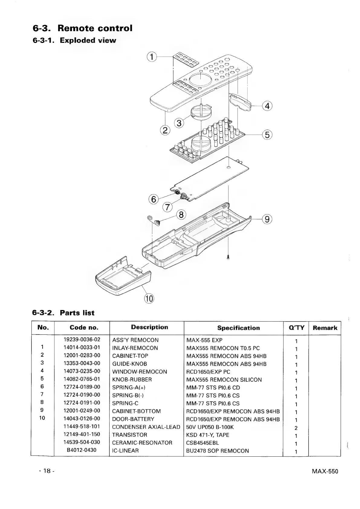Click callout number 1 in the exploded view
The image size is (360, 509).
tap(152, 57)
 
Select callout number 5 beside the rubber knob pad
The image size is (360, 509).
tap(267, 134)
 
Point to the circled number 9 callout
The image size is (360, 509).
tap(267, 219)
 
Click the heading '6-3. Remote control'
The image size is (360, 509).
tap(83, 28)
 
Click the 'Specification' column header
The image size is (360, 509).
tap(238, 328)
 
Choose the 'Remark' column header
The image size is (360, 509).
tap(325, 328)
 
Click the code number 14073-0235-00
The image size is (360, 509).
tap(82, 371)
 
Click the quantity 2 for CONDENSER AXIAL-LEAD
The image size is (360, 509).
tap(296, 428)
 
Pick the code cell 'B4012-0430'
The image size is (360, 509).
tap(82, 450)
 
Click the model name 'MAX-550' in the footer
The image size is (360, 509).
tap(325, 471)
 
